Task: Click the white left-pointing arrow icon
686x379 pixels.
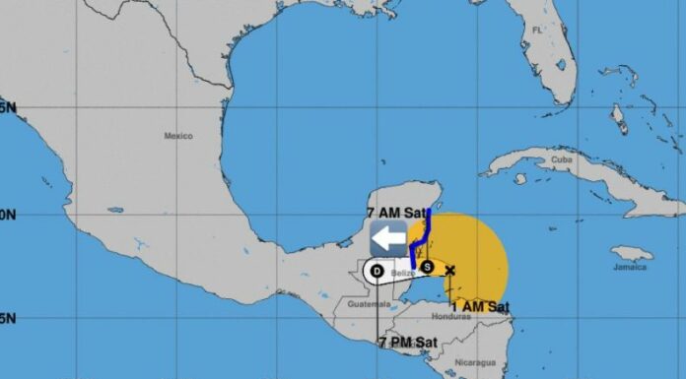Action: point(389,237)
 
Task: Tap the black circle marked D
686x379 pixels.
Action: point(377,271)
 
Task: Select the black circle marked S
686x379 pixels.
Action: point(428,265)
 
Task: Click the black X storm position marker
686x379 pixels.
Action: point(450,270)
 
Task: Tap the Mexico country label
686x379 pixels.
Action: point(178,136)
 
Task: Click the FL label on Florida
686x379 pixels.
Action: point(537,31)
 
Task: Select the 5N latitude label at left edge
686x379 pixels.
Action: point(6,106)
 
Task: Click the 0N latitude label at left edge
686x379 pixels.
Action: point(6,214)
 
